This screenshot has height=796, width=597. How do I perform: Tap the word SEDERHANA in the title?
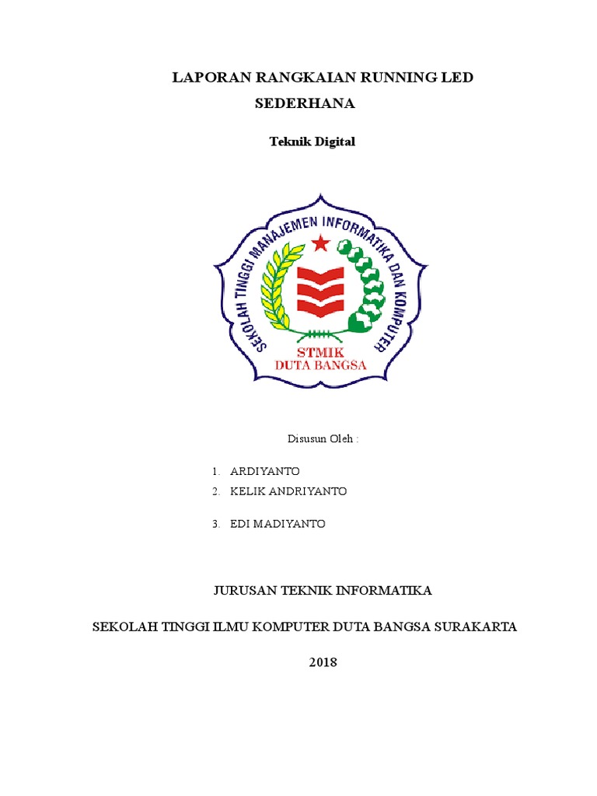(x=305, y=103)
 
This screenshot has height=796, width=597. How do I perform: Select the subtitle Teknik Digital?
(x=312, y=142)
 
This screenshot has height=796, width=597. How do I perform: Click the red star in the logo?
(x=319, y=244)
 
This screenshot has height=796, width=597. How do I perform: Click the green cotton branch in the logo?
(x=362, y=284)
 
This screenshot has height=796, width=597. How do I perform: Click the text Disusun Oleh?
(x=323, y=438)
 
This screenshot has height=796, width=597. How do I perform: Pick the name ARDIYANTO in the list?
(x=264, y=472)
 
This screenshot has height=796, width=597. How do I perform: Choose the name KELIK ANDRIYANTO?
(x=288, y=492)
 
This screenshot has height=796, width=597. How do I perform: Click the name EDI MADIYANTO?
(x=278, y=525)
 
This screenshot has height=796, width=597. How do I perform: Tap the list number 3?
(x=215, y=525)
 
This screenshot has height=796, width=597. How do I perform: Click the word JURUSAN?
(x=245, y=592)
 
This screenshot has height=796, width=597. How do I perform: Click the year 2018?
(x=323, y=662)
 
